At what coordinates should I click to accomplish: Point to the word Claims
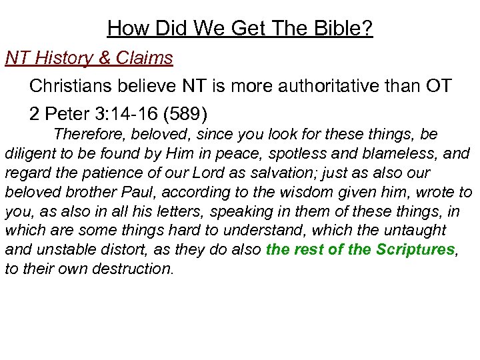point(145,58)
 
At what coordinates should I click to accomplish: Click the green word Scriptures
point(414,250)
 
